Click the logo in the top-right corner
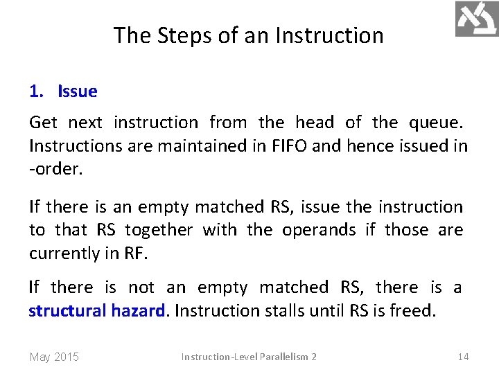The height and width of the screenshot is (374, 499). pos(476,19)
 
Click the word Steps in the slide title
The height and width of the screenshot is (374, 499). pos(180,35)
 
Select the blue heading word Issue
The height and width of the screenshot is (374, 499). pos(78,91)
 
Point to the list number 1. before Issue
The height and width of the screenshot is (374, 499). pos(37,91)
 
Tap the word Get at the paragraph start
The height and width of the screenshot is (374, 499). pos(43,123)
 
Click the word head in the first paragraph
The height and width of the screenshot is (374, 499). pos(314,123)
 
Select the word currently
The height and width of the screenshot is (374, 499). pos(61,253)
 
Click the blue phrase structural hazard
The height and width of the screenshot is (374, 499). pos(98,310)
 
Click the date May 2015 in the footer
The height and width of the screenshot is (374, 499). pos(54,357)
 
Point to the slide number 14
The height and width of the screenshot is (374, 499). pos(463,357)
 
